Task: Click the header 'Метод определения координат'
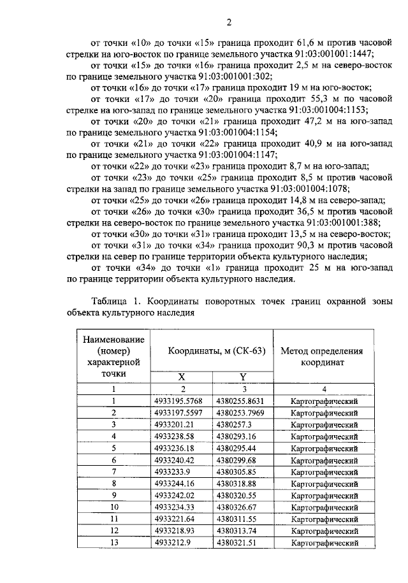[322, 356]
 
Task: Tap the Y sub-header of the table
[242, 377]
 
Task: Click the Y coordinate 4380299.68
[236, 459]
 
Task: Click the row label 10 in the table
[115, 507]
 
